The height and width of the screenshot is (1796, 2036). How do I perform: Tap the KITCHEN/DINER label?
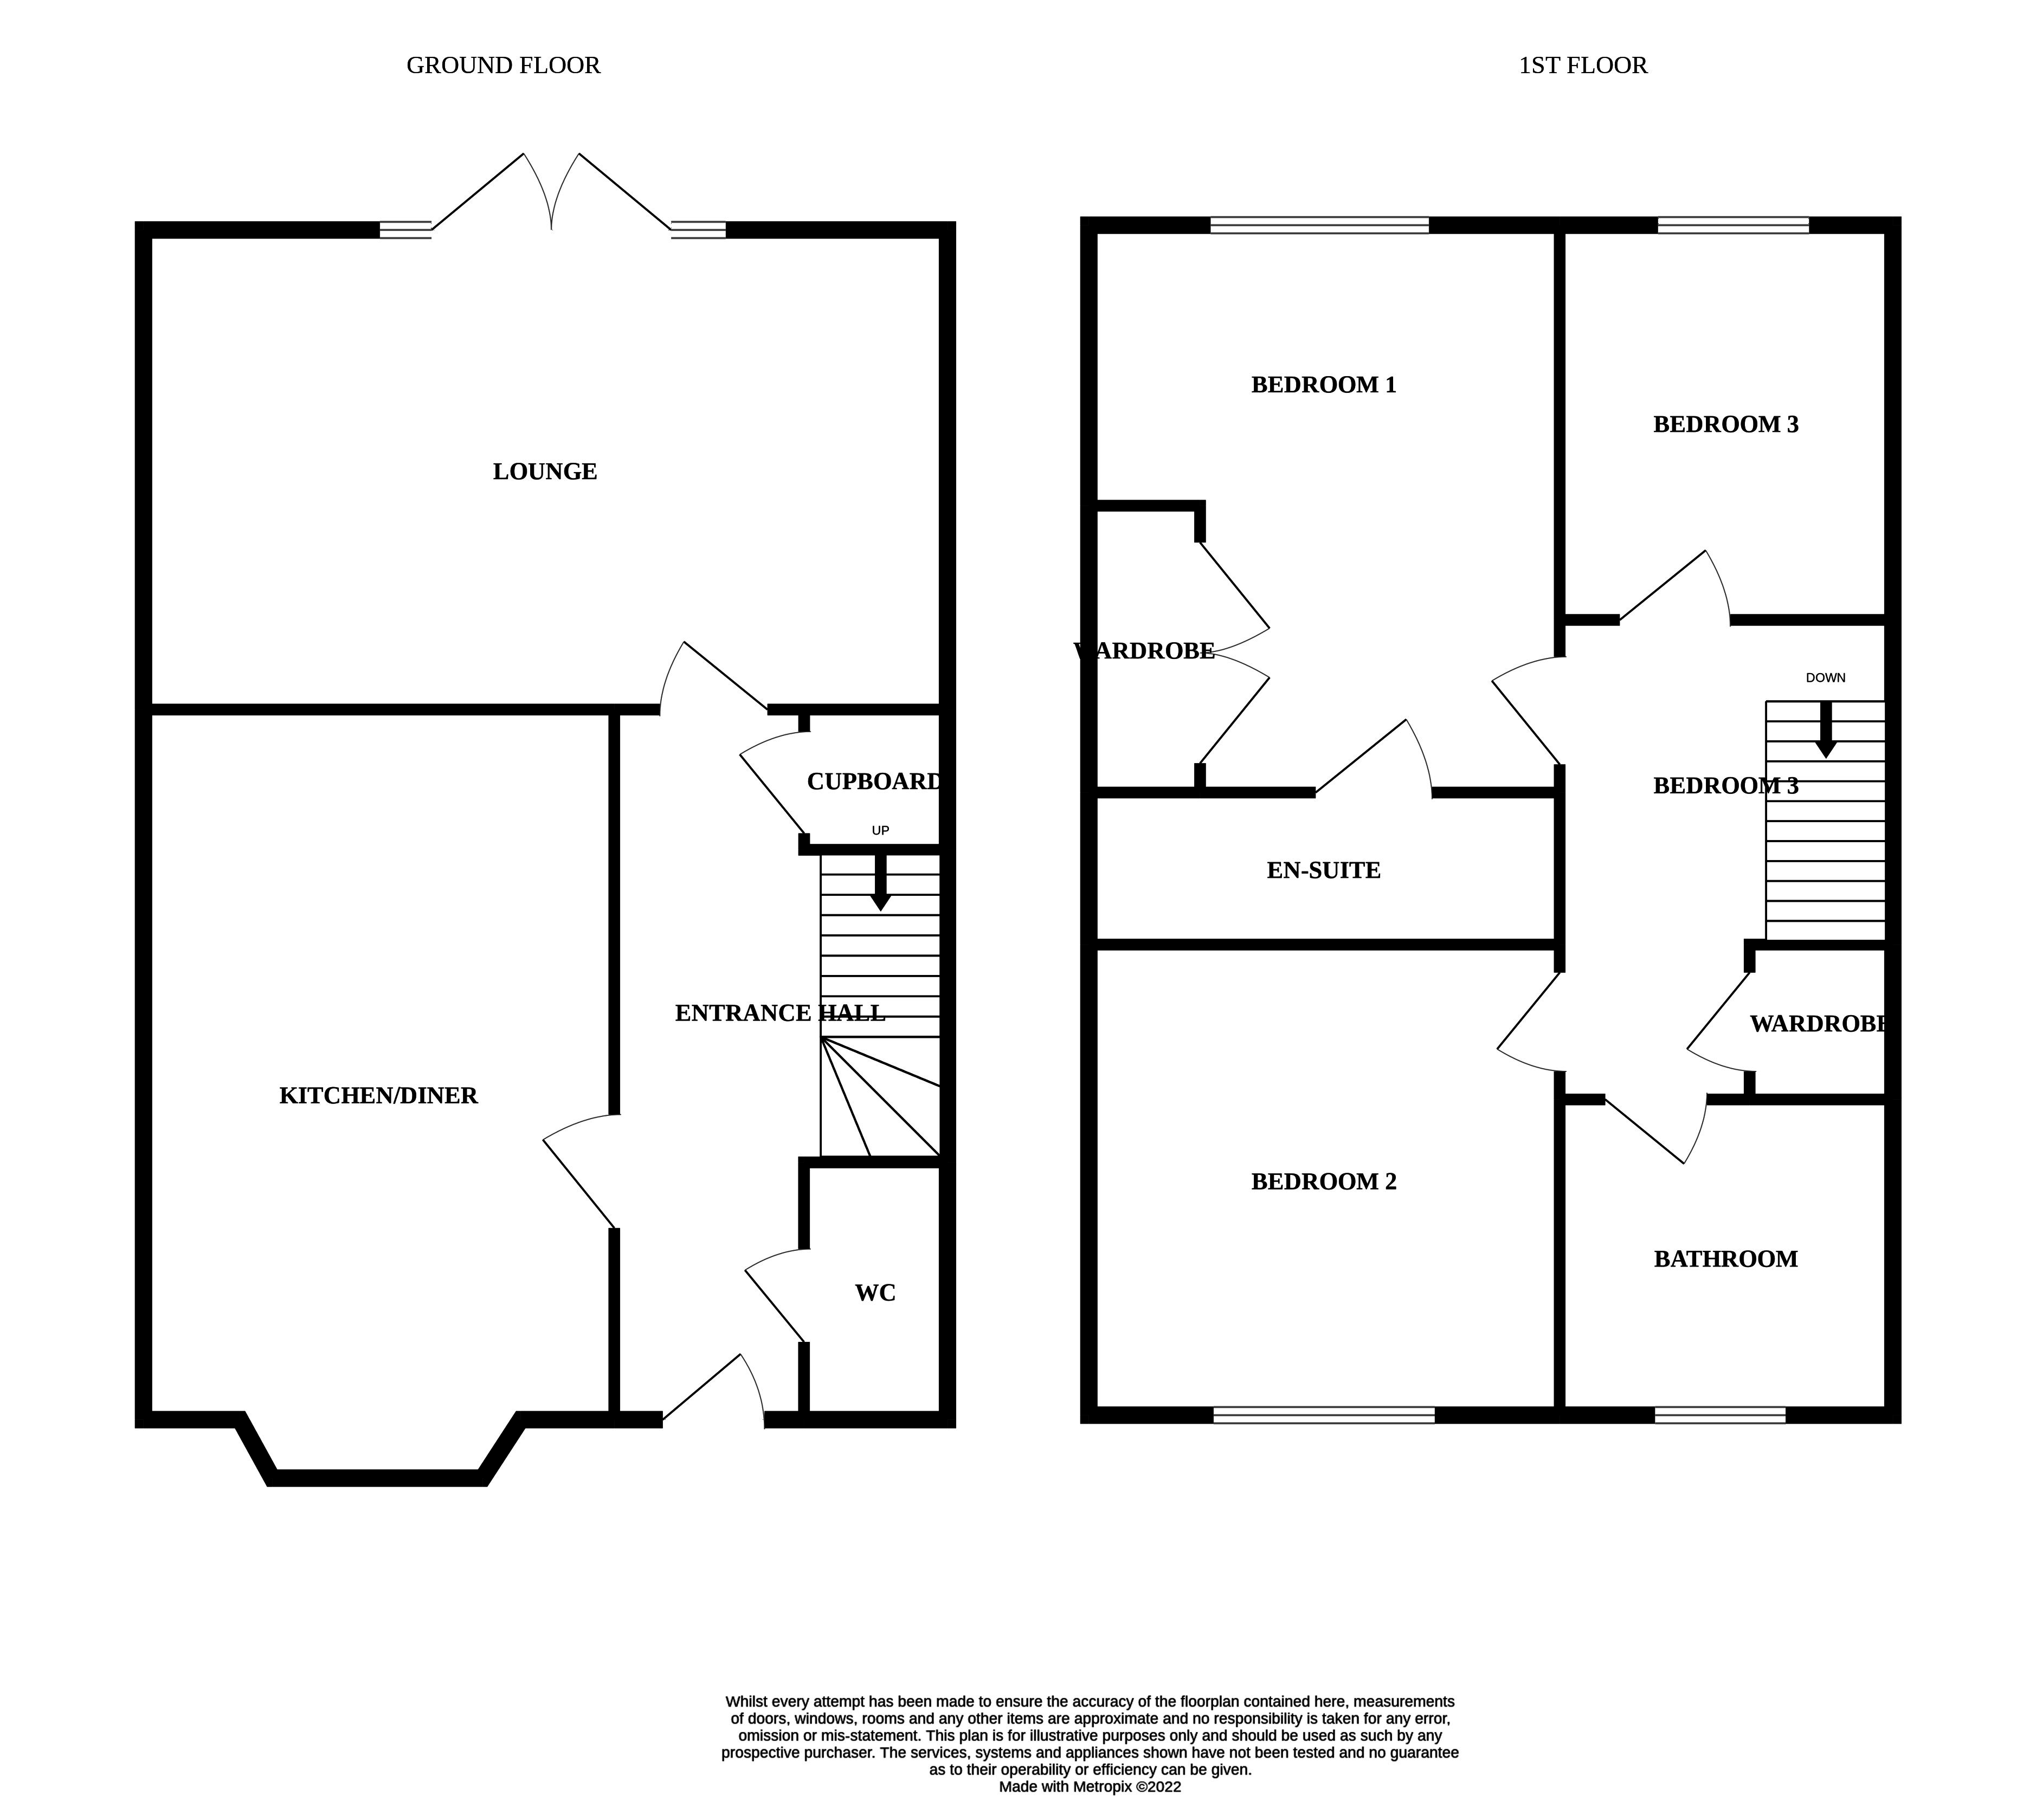[x=378, y=1096]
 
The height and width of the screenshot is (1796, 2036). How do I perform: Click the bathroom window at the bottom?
[x=1719, y=1414]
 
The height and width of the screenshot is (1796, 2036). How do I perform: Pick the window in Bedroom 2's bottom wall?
[x=1324, y=1414]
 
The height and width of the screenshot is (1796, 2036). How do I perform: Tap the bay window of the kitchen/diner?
[x=378, y=1477]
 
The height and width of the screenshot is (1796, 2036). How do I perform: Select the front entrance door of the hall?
[x=715, y=1390]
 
